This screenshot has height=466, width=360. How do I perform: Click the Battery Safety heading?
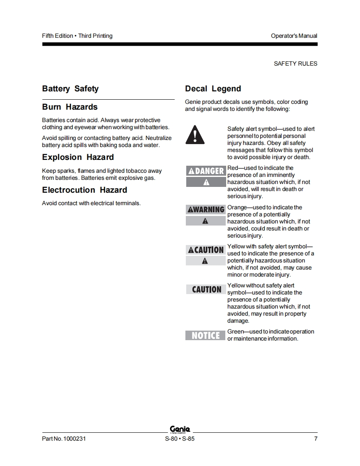(70, 89)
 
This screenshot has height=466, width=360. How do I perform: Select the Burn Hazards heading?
(70, 107)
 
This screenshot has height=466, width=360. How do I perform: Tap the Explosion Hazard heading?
(78, 157)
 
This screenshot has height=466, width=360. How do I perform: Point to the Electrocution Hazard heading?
(84, 190)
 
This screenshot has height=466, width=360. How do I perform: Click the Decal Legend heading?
(213, 89)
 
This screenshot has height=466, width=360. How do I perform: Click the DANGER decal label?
(206, 171)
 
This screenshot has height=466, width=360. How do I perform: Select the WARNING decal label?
(206, 210)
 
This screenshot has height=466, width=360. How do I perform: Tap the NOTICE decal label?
(206, 335)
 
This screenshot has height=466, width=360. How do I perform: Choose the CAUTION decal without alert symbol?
(206, 289)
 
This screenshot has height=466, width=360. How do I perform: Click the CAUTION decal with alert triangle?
(206, 250)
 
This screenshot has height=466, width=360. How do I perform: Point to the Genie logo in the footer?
(180, 429)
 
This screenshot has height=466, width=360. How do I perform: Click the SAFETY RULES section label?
(295, 64)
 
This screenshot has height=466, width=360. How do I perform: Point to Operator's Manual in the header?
(294, 36)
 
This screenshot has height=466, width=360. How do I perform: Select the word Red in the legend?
(233, 168)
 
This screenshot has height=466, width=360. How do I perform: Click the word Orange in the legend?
(237, 208)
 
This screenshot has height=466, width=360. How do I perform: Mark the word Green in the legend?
(235, 332)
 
